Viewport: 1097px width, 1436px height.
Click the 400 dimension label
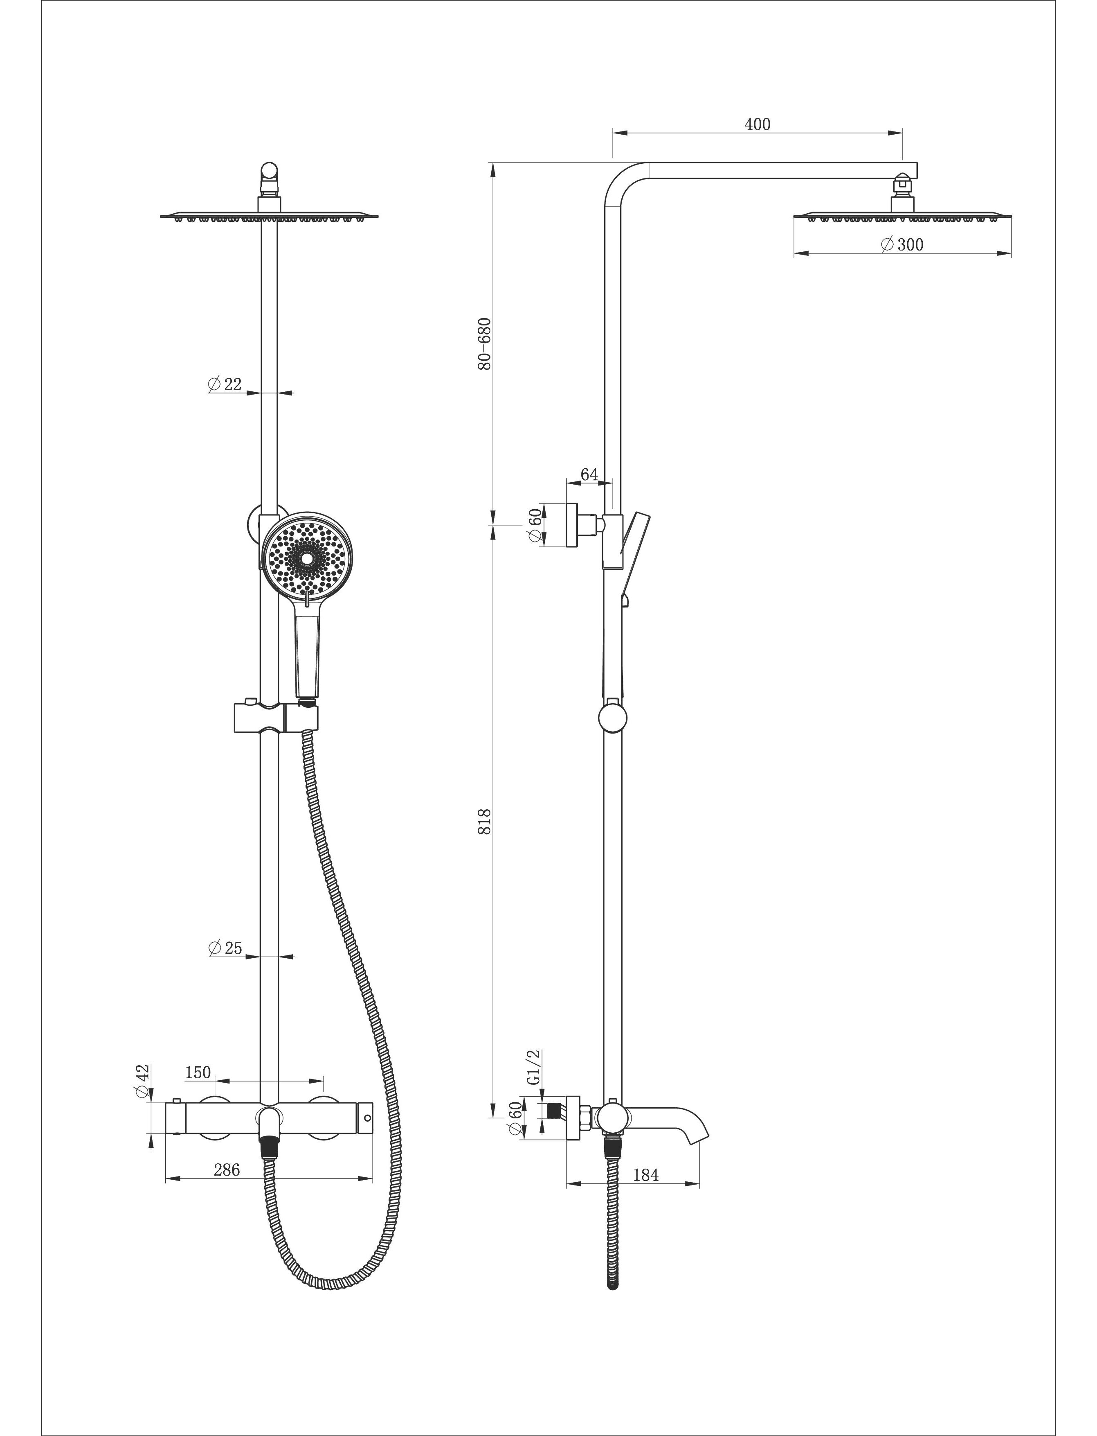pos(758,124)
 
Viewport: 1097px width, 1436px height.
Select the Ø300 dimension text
pos(902,244)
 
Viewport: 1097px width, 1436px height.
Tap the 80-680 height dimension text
pos(484,344)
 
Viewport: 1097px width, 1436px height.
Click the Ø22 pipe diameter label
pos(225,384)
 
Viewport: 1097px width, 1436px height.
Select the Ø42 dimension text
pos(143,1081)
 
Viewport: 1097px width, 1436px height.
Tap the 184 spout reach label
pos(646,1175)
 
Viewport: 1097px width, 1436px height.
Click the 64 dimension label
pos(589,474)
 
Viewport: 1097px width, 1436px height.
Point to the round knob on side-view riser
pos(612,717)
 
